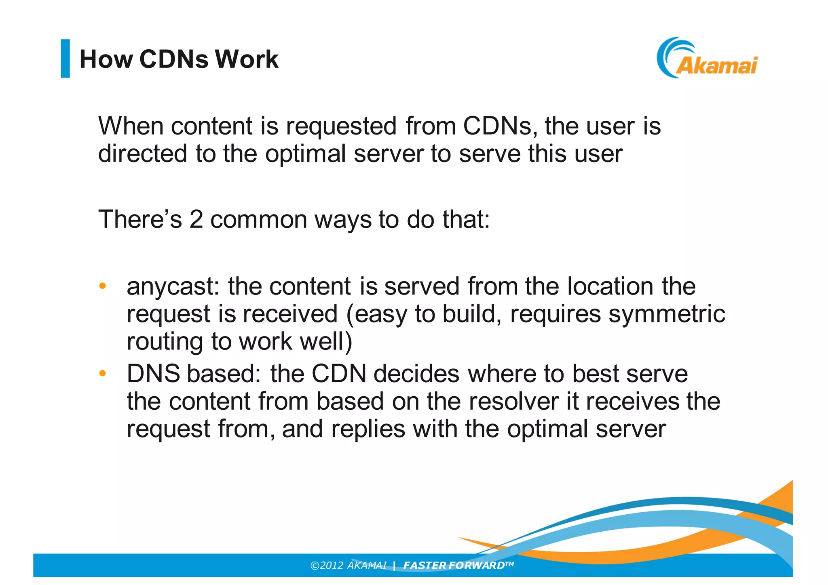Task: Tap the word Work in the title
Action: [x=246, y=59]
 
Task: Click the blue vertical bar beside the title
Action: [x=65, y=58]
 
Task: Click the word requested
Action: [x=341, y=126]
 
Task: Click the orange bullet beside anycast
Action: [x=103, y=286]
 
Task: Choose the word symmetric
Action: [x=667, y=314]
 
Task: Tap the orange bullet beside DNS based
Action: [x=103, y=373]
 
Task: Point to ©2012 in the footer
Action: [x=327, y=565]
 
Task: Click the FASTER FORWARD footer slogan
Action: [x=458, y=565]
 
